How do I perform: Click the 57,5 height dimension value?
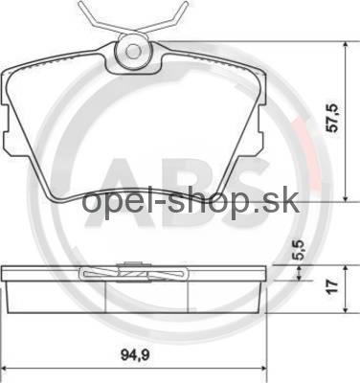click(333, 118)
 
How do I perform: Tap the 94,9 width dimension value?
click(135, 354)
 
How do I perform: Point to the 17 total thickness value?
click(332, 287)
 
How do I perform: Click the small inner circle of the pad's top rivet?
click(133, 51)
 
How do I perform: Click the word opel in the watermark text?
click(107, 202)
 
